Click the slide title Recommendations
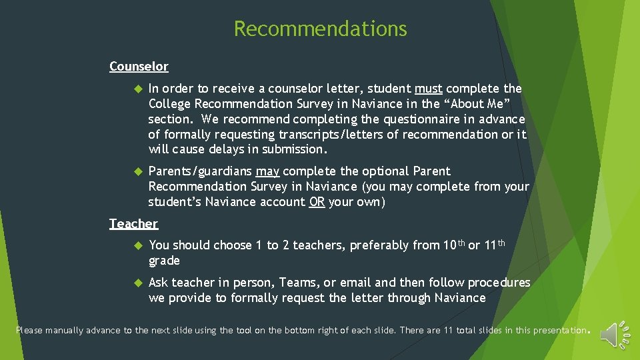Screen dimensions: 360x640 coord(320,29)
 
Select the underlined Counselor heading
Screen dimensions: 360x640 coord(139,67)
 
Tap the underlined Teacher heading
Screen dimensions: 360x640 coord(133,224)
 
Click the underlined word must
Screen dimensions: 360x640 coord(429,89)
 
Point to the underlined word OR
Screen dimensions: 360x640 coord(317,202)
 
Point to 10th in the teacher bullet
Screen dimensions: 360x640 coord(454,245)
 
